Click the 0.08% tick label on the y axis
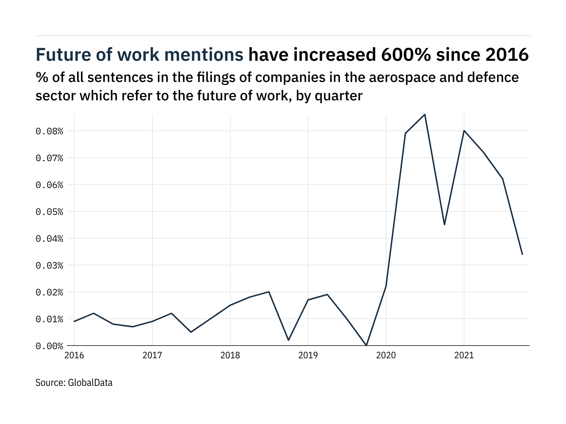coord(49,131)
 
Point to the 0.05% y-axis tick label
coord(49,212)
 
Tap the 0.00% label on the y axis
coord(49,346)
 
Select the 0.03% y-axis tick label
coord(49,265)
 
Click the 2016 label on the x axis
coord(74,355)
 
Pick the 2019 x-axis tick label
coord(308,355)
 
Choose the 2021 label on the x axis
coord(464,355)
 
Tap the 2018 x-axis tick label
coord(230,355)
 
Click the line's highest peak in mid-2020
coord(425,114)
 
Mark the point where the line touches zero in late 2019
coord(366,345)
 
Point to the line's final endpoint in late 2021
coord(522,254)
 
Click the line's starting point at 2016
coord(74,321)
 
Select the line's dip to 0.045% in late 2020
coord(444,225)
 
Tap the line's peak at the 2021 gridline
coord(464,131)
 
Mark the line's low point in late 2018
coord(289,340)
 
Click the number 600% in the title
coord(401,55)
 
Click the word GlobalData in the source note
coord(90,383)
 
